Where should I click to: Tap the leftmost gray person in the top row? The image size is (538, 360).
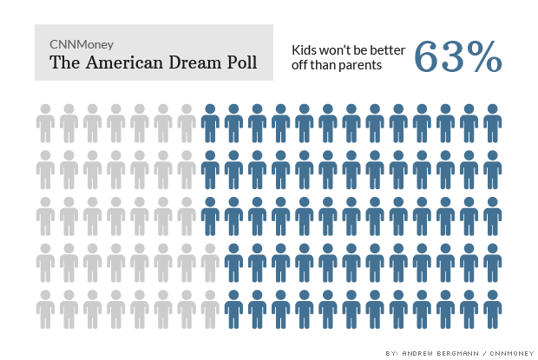(45, 122)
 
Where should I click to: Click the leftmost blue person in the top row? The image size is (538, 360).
(209, 122)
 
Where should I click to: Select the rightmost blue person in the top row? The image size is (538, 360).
(492, 122)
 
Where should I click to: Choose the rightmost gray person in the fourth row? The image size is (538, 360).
(209, 263)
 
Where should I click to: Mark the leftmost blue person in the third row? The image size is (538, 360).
(209, 216)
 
